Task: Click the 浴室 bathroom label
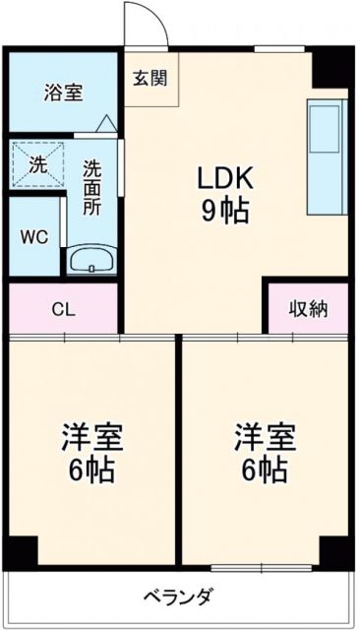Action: click(63, 93)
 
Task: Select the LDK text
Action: click(226, 178)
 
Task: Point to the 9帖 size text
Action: click(226, 210)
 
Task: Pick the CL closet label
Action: click(62, 308)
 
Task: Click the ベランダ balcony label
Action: click(178, 597)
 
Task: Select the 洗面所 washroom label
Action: click(92, 188)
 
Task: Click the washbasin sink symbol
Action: click(91, 262)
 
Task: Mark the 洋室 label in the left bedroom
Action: click(92, 437)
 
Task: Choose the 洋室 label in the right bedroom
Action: click(264, 437)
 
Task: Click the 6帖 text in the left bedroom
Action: click(92, 470)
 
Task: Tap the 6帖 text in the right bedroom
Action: click(264, 470)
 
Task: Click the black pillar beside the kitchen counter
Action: click(331, 67)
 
